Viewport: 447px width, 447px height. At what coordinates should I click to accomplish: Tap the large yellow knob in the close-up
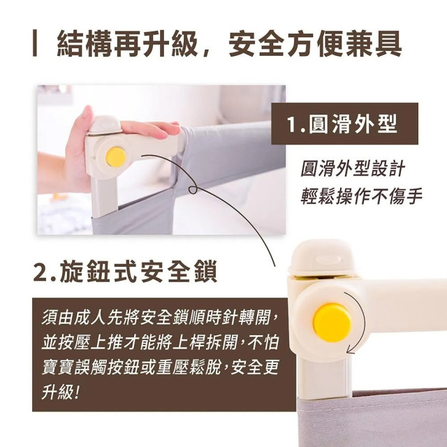(x=332, y=320)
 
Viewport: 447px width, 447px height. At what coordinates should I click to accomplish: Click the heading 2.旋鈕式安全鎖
(x=125, y=270)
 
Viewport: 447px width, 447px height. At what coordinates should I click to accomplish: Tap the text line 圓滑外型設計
(x=352, y=170)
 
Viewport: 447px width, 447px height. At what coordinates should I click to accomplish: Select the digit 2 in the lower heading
(x=41, y=270)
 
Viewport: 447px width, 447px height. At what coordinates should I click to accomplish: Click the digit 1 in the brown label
(x=291, y=126)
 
